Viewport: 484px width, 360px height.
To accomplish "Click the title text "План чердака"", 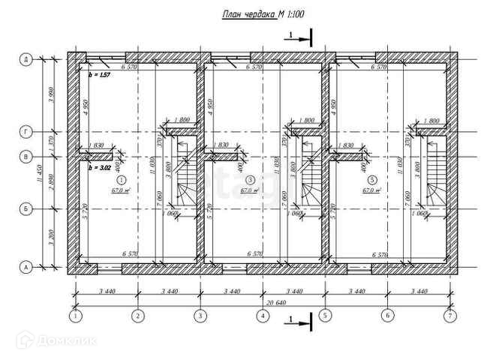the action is (x=248, y=14).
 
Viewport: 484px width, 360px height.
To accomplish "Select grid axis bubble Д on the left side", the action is (x=26, y=59).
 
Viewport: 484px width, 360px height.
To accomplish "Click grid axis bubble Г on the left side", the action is (x=26, y=132).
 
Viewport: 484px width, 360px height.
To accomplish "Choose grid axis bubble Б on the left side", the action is (x=26, y=209).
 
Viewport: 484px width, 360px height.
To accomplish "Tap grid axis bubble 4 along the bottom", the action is (x=263, y=317).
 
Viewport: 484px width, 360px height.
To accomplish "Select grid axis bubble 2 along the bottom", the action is (x=137, y=317).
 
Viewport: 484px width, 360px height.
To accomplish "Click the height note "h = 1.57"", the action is (x=100, y=76).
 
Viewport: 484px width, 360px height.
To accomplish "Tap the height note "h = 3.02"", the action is (x=100, y=169).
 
